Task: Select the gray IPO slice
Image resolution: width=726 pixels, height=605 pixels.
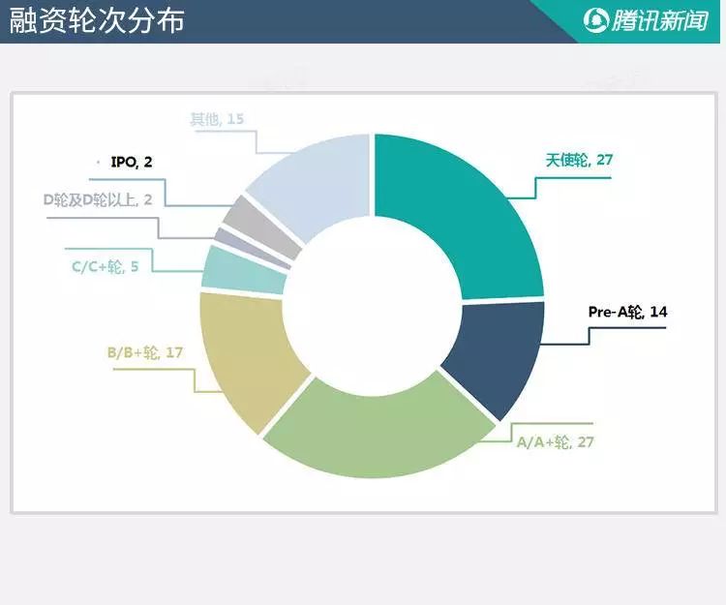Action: pos(261,227)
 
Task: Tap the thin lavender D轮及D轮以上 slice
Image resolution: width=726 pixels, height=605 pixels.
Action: pos(253,248)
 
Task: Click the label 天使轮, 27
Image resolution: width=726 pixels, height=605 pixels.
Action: pos(579,160)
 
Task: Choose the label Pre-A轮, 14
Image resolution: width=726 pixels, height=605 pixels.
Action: pos(627,312)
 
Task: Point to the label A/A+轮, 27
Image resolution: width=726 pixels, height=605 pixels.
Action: pos(555,442)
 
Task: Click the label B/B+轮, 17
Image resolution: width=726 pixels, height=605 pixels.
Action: pos(145,352)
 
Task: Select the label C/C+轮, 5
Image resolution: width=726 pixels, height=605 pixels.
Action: pos(106,266)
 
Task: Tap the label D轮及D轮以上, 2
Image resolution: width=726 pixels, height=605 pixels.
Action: pos(98,200)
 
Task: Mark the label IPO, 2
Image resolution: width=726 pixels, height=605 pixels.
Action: pos(132,162)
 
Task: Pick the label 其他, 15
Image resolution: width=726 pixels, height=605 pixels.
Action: pos(217,119)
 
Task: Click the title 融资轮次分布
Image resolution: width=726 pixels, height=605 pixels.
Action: pos(97,20)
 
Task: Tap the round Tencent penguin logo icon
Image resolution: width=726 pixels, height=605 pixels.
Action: pos(595,21)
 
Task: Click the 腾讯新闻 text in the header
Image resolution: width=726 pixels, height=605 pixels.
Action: pos(660,21)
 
